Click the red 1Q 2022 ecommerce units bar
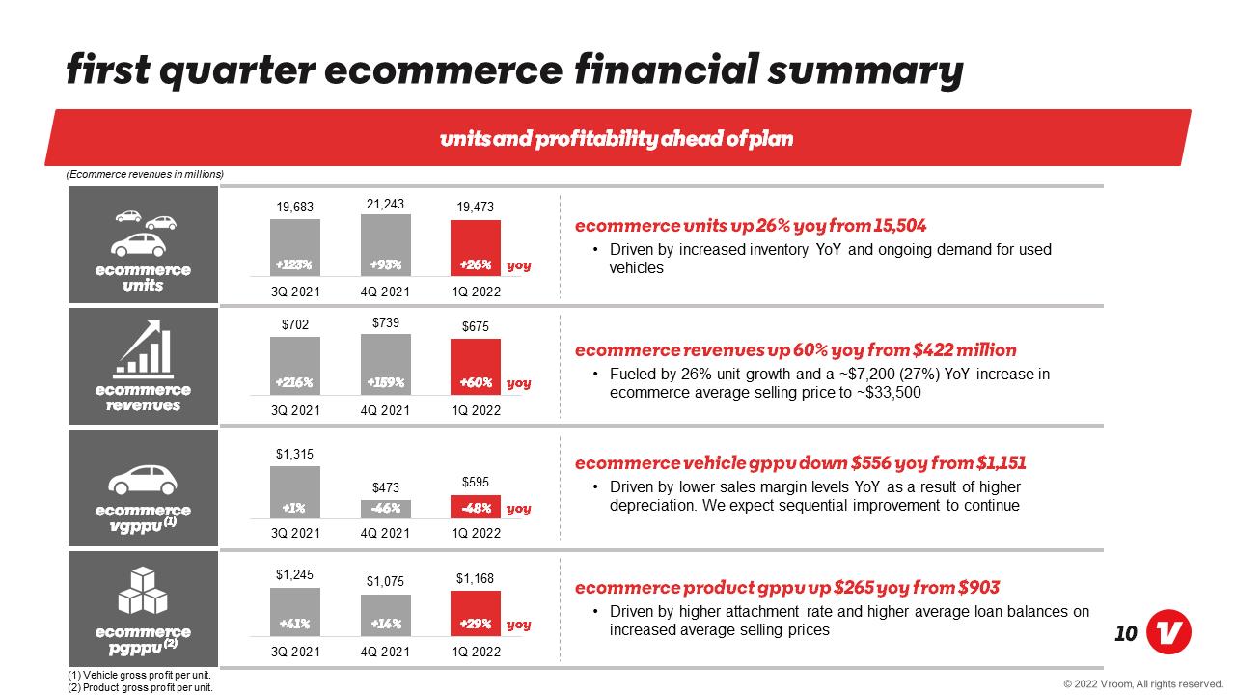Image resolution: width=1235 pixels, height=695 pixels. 476,248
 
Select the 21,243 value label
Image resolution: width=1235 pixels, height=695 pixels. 385,204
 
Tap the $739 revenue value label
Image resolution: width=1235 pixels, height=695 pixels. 385,322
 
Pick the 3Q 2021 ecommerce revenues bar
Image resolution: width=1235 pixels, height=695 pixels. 295,366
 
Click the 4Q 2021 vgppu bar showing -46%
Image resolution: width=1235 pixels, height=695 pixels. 385,509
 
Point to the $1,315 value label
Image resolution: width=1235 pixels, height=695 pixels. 294,454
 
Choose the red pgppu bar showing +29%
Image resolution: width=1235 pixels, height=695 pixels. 476,613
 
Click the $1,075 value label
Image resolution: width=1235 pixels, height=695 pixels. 385,581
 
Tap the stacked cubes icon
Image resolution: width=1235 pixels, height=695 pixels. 143,591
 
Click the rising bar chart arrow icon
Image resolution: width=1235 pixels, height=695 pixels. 143,349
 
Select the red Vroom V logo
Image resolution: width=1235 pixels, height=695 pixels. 1168,632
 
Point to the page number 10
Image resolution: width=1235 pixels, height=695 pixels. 1125,634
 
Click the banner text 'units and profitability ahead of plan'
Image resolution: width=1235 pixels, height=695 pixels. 617,138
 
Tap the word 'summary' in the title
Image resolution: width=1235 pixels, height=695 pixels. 865,71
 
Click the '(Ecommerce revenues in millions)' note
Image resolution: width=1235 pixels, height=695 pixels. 145,175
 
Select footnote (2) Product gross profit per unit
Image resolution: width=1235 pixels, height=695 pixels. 140,688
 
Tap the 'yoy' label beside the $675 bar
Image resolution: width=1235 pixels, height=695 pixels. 519,383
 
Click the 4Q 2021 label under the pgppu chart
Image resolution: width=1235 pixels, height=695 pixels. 385,652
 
